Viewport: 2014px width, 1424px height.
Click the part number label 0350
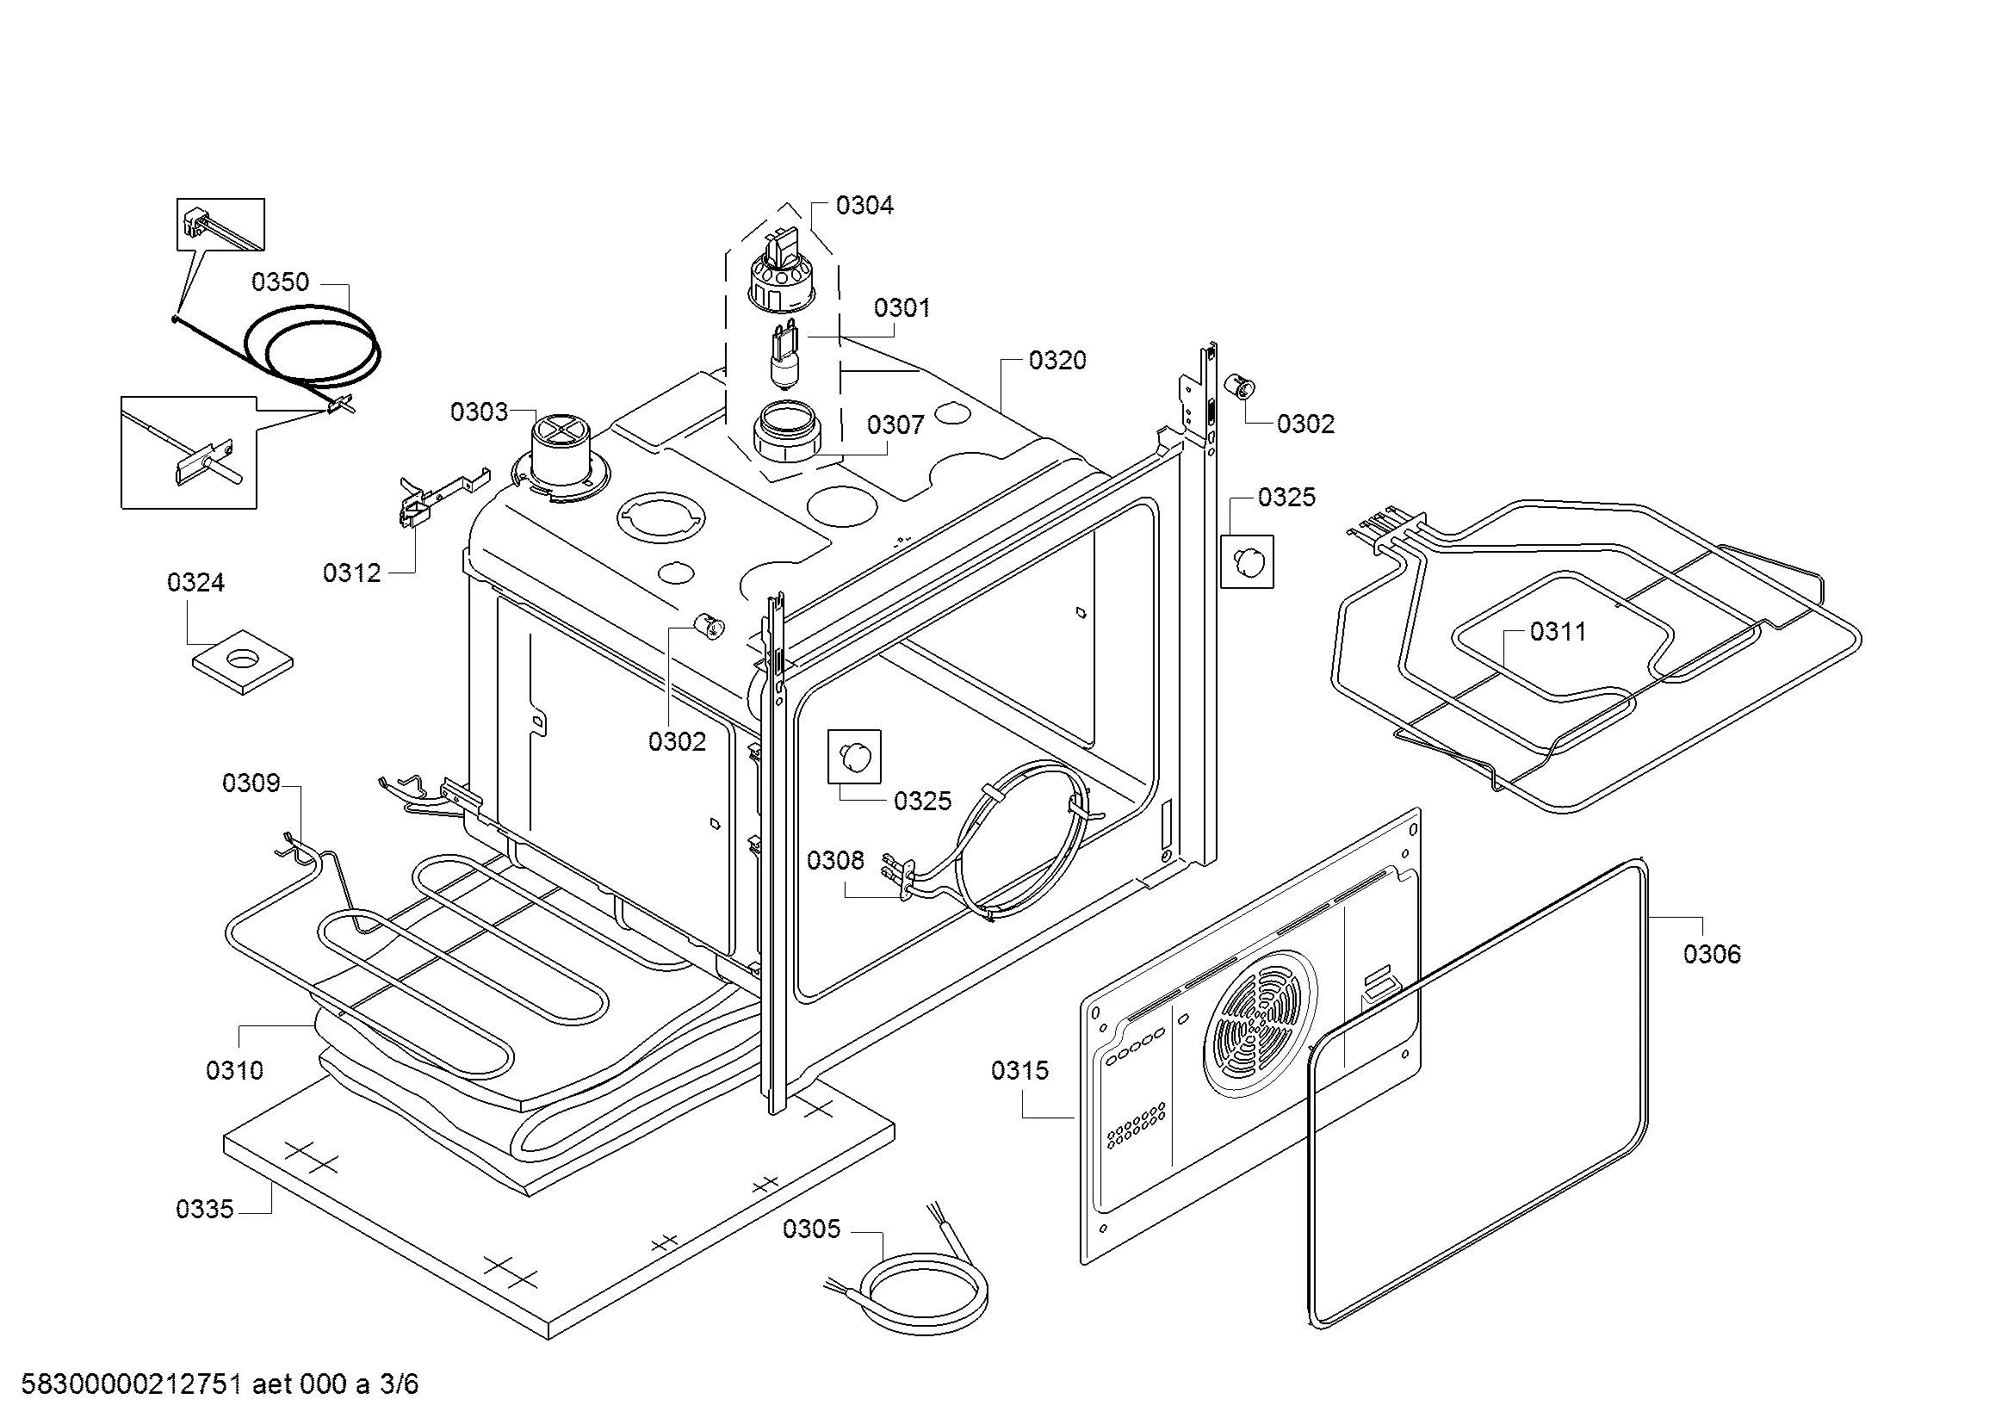280,282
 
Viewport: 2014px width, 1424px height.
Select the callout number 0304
864,205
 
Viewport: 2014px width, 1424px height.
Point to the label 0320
1057,361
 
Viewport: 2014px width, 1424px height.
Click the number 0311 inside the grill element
1558,631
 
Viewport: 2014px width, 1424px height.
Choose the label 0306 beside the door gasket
1712,954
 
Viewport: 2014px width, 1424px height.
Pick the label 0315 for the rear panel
1020,1071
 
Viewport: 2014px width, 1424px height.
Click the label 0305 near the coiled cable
811,1229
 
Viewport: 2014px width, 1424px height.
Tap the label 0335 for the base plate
204,1209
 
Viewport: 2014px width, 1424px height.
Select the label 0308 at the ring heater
835,860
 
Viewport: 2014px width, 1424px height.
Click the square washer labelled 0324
242,659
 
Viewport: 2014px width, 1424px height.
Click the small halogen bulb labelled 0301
784,355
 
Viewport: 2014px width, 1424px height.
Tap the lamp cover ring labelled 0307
786,430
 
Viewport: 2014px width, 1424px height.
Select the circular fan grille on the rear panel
1261,1024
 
